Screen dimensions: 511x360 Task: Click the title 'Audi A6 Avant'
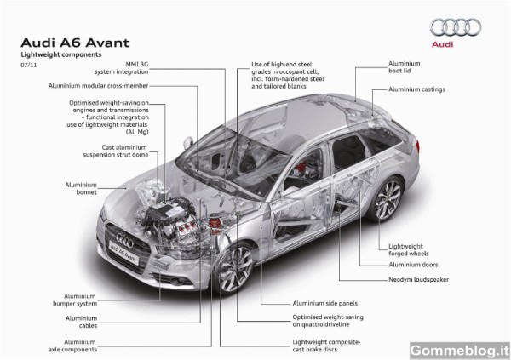(75, 43)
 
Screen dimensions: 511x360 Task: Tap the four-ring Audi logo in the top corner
(456, 27)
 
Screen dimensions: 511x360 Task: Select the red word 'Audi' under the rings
(442, 44)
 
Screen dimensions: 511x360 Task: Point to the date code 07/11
(29, 65)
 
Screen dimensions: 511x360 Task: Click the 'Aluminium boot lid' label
(404, 67)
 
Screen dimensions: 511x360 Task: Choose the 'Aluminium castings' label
(416, 89)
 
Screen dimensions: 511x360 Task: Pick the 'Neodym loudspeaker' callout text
(418, 279)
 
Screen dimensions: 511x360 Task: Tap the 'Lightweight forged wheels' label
(409, 250)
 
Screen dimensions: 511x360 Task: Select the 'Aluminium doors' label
(413, 265)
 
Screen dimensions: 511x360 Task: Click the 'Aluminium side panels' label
(325, 303)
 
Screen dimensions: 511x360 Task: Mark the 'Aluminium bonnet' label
(81, 189)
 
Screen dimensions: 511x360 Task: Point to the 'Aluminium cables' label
(81, 322)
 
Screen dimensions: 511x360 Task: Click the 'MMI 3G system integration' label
(121, 68)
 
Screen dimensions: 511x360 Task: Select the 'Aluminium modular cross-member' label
(99, 86)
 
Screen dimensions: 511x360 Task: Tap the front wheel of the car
(235, 269)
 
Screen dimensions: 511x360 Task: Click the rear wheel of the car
(388, 199)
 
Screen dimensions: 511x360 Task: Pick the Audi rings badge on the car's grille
(125, 241)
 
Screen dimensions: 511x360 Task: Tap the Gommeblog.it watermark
(460, 351)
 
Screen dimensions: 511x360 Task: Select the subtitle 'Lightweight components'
(61, 54)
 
